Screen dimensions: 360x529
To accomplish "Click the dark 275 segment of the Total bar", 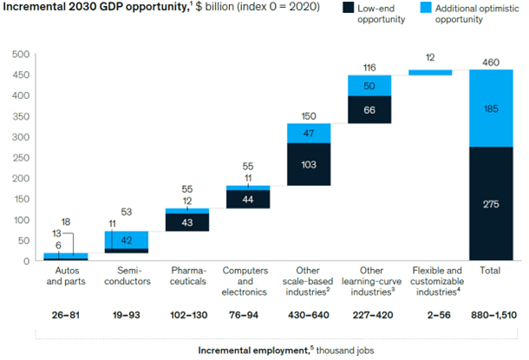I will point(490,203).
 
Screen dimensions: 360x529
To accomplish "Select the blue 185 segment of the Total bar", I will point(490,108).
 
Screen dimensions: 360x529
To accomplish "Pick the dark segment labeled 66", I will point(369,109).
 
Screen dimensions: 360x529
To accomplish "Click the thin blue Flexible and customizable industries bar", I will point(429,73).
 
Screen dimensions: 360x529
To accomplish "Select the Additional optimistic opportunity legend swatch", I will point(436,12).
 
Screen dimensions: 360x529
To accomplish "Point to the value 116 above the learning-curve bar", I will point(369,67).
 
